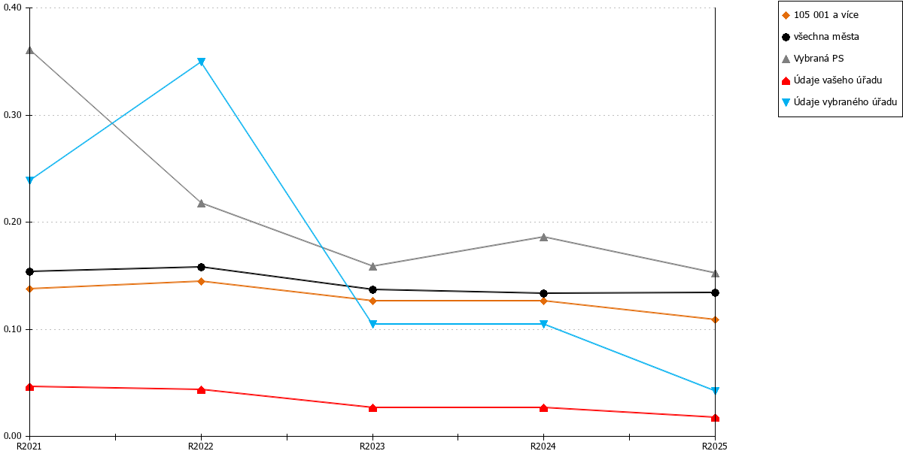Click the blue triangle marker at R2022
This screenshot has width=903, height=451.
click(201, 62)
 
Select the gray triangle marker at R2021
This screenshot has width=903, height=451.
click(30, 50)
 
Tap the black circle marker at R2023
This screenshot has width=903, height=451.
click(372, 289)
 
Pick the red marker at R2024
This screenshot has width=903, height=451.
click(543, 408)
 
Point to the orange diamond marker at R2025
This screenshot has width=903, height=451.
click(715, 319)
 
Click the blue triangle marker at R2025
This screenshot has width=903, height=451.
click(715, 390)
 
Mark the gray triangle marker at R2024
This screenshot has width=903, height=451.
click(543, 237)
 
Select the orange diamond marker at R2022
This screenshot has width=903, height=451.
click(201, 281)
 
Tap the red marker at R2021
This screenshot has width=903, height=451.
click(30, 386)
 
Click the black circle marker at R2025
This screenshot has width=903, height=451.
click(715, 292)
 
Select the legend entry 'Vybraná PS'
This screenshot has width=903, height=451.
click(813, 59)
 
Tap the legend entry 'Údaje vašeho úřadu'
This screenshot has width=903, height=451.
click(832, 80)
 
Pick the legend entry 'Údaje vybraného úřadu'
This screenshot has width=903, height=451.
click(839, 102)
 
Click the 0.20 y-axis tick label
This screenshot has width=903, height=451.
click(12, 222)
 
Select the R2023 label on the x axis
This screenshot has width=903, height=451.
click(372, 446)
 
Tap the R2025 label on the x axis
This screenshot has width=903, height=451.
click(715, 446)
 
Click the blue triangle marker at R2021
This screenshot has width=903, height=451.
click(30, 180)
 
